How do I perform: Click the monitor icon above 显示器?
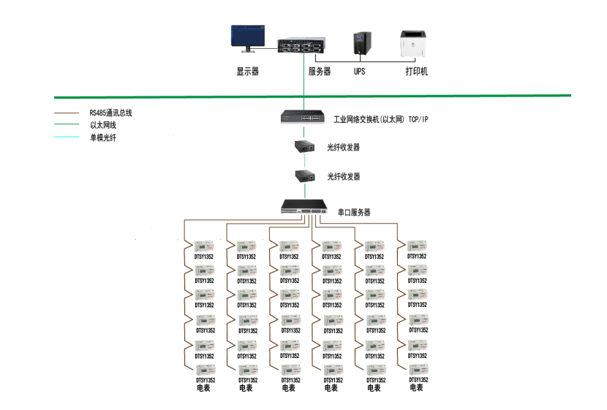click(x=247, y=38)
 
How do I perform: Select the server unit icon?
click(x=302, y=46)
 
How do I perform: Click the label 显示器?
click(x=247, y=72)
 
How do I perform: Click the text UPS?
click(x=359, y=72)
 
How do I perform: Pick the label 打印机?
click(x=416, y=72)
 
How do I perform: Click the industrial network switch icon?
click(x=303, y=116)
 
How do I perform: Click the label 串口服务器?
click(x=354, y=213)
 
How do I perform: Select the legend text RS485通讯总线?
click(x=110, y=113)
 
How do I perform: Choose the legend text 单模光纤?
click(x=103, y=137)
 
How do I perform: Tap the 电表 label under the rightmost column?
click(x=416, y=387)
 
